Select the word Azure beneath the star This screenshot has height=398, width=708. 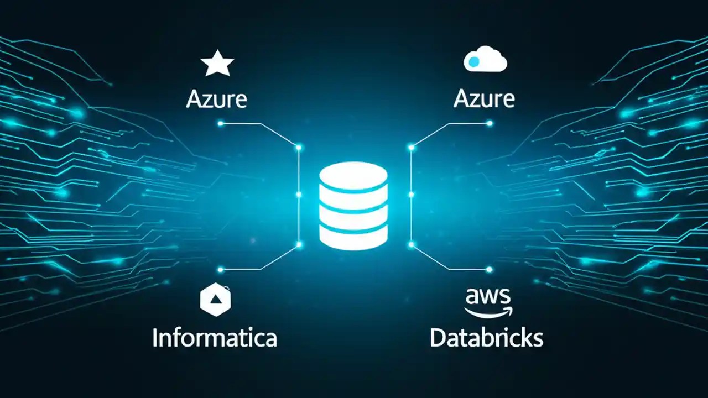216,99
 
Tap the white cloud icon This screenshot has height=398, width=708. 485,60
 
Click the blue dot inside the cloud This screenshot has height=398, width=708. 474,63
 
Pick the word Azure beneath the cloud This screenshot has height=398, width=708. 484,99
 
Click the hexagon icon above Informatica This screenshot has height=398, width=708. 215,300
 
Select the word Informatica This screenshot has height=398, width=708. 215,338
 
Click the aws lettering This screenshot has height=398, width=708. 487,297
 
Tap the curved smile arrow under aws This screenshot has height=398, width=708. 488,312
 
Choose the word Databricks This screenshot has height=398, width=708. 487,338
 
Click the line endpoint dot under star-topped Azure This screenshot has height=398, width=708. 221,124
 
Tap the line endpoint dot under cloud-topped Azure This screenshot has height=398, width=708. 489,124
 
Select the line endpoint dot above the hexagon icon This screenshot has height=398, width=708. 221,270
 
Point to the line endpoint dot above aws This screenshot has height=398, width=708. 489,270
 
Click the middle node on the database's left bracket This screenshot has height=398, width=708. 299,195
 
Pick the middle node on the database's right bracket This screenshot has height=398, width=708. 411,195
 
